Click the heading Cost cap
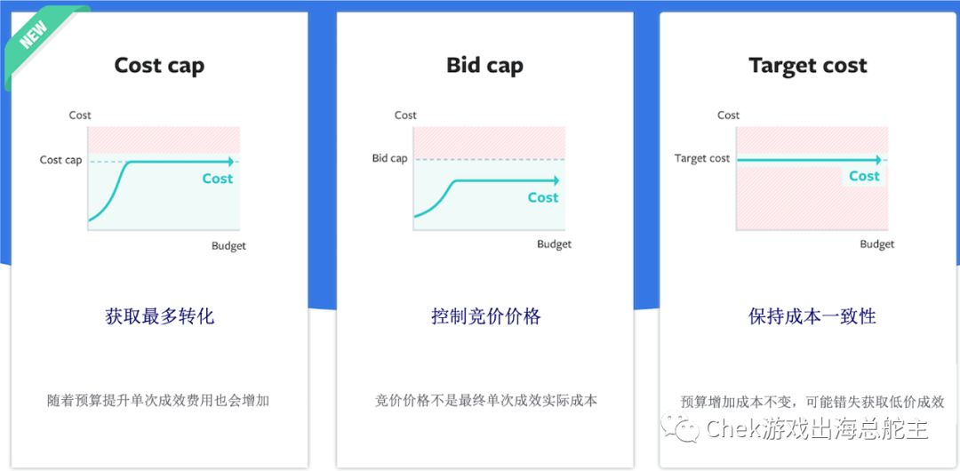tap(159, 66)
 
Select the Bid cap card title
tap(484, 66)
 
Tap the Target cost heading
tap(807, 66)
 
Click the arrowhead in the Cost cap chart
tap(230, 162)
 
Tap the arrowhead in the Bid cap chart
tap(556, 180)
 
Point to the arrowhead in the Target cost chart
tap(878, 160)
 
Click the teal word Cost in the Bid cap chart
tap(543, 197)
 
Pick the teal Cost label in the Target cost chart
tap(864, 176)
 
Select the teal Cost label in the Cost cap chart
tap(218, 179)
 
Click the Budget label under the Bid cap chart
tap(554, 244)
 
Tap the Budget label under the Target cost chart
tap(876, 244)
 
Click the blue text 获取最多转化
tap(160, 316)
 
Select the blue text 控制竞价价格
tap(485, 316)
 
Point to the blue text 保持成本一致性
tap(812, 316)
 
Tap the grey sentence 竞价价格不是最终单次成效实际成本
tap(486, 401)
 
